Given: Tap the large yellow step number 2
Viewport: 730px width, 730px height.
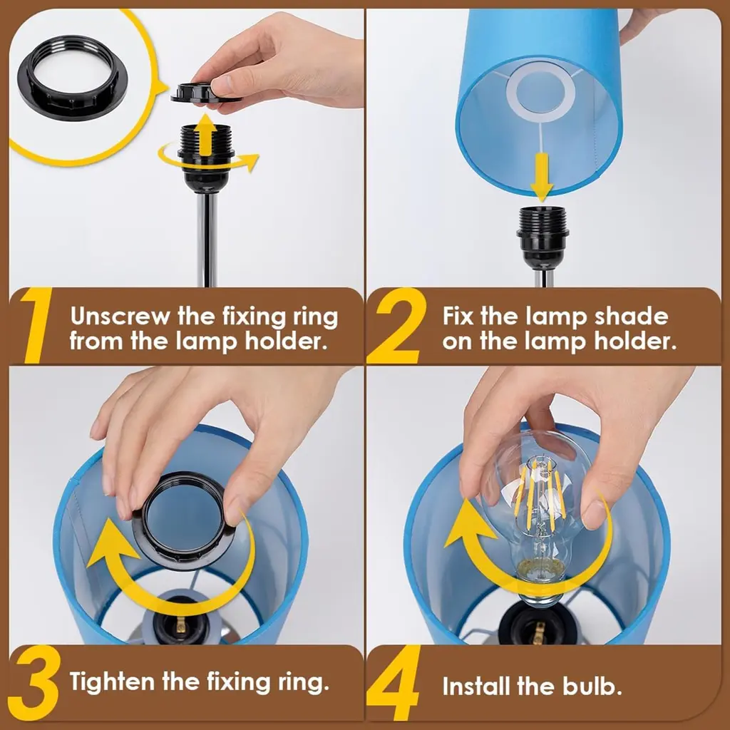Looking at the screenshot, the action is (396, 325).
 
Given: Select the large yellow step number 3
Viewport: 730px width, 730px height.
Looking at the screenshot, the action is (34, 683).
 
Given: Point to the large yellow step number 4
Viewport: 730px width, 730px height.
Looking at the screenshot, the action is (394, 683).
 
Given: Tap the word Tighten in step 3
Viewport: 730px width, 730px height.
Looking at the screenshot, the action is (112, 682).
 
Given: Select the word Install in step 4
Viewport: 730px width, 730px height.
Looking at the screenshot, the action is (475, 687).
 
